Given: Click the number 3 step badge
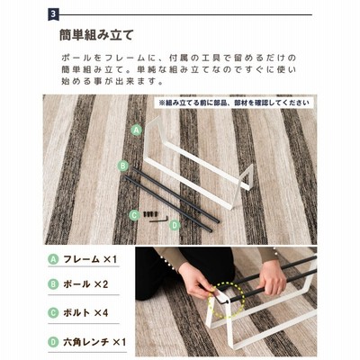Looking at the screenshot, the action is (x=53, y=14).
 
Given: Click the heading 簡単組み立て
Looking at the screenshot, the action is (x=96, y=35).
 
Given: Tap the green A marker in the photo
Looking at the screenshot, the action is (x=137, y=130).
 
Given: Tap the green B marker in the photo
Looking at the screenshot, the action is (x=123, y=166).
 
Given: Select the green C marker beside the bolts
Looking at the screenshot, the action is (x=134, y=215).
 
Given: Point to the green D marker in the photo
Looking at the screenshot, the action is (x=175, y=225).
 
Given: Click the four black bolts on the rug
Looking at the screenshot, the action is (x=150, y=214).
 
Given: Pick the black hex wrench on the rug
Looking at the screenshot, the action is (x=159, y=220).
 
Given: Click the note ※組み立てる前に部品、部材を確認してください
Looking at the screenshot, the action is (x=234, y=103).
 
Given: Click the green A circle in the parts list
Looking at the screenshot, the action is (x=53, y=259).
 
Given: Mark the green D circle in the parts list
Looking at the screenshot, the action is (x=53, y=342).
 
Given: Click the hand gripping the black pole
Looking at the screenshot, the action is (x=272, y=279).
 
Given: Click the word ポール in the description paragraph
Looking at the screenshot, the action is (x=76, y=58).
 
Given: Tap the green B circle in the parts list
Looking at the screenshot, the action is (x=53, y=284).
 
